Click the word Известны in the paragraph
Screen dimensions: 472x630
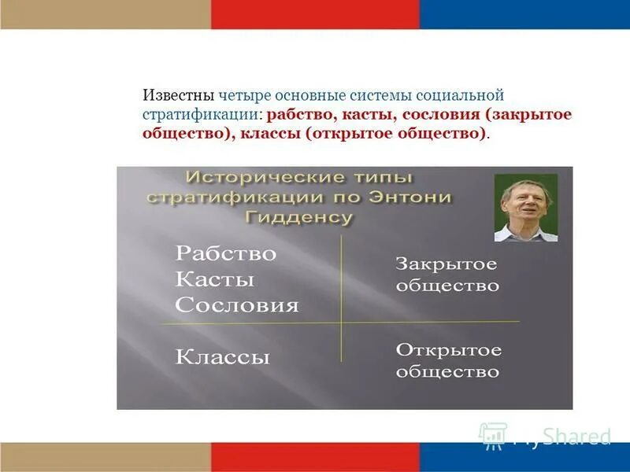tap(178, 96)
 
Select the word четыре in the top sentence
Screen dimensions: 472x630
tap(243, 96)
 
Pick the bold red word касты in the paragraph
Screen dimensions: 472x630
tap(367, 115)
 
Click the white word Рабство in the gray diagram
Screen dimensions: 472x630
tap(225, 254)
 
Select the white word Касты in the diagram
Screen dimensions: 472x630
tap(214, 279)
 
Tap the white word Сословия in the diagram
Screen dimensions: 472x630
tap(236, 305)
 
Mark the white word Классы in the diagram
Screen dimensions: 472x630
tap(222, 357)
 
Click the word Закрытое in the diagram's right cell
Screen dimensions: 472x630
tap(446, 264)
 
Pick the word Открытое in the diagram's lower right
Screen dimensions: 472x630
tap(447, 350)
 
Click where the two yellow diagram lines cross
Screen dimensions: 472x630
tap(341, 322)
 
